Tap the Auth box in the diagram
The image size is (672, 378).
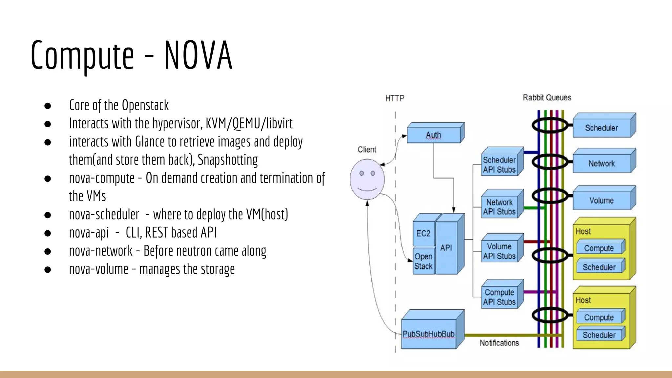pyautogui.click(x=433, y=135)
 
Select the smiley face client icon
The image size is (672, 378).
pyautogui.click(x=367, y=179)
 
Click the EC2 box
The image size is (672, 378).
pyautogui.click(x=423, y=233)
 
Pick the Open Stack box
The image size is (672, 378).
pyautogui.click(x=423, y=261)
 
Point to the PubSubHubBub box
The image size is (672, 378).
pyautogui.click(x=429, y=334)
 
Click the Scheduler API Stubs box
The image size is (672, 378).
pyautogui.click(x=499, y=165)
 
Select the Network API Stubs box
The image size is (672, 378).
pyautogui.click(x=499, y=207)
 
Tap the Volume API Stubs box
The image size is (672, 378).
pyautogui.click(x=499, y=251)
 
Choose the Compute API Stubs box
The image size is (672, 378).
pyautogui.click(x=499, y=297)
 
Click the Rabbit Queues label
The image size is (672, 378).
pyautogui.click(x=547, y=97)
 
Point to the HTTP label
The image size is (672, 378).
pyautogui.click(x=395, y=98)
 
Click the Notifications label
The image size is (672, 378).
pyautogui.click(x=499, y=343)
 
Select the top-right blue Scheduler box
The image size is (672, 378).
pyautogui.click(x=601, y=128)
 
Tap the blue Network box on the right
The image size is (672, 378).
pyautogui.click(x=601, y=163)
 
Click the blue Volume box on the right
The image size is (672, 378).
pyautogui.click(x=601, y=200)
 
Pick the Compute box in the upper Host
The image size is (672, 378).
pyautogui.click(x=599, y=248)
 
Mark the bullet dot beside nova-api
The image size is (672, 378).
pyautogui.click(x=48, y=233)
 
